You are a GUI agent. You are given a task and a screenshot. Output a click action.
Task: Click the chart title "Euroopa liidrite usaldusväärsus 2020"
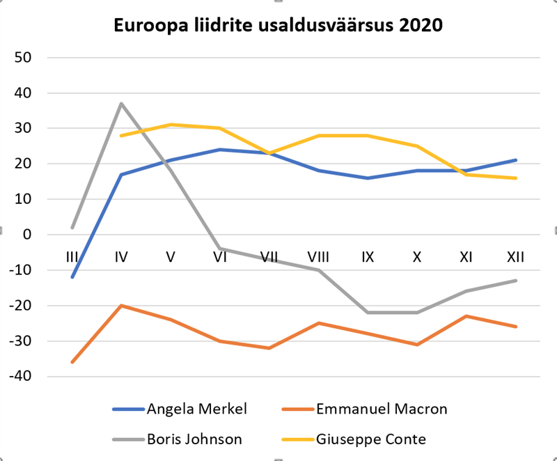click(278, 26)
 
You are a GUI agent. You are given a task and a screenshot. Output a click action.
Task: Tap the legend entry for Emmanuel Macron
click(380, 409)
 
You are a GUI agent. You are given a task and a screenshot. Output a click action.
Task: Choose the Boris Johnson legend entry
click(187, 439)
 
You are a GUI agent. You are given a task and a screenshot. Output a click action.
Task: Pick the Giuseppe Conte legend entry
click(370, 439)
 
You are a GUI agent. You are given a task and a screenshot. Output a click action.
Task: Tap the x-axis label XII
click(515, 257)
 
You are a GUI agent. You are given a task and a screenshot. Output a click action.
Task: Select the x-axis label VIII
click(318, 257)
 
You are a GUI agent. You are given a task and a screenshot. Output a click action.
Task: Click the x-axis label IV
click(121, 257)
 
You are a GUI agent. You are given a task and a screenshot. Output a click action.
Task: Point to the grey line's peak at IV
click(121, 104)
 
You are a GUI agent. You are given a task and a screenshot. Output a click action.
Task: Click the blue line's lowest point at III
click(72, 277)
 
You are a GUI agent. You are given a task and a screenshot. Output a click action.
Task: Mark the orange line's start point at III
click(72, 362)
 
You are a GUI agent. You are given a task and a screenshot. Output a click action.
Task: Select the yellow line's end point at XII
click(515, 178)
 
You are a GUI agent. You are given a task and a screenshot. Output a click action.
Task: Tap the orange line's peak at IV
click(121, 306)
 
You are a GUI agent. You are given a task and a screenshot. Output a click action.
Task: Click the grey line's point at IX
click(368, 313)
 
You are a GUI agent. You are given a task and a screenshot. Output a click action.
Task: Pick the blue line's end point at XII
click(515, 160)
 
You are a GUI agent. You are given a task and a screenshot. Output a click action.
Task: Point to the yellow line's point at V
click(171, 125)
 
